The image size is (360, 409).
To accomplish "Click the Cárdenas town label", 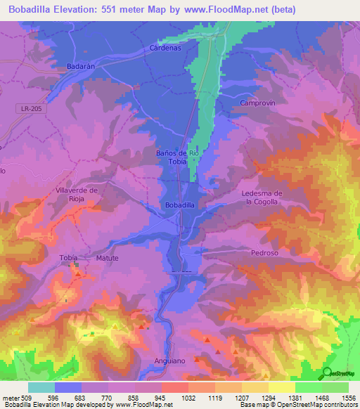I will (165, 48).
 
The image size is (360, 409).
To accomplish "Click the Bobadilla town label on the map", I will (179, 204).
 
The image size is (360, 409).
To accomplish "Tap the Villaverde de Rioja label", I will (75, 194).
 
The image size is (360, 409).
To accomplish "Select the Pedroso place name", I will (265, 252).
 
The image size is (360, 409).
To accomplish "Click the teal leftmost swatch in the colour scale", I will (41, 387).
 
